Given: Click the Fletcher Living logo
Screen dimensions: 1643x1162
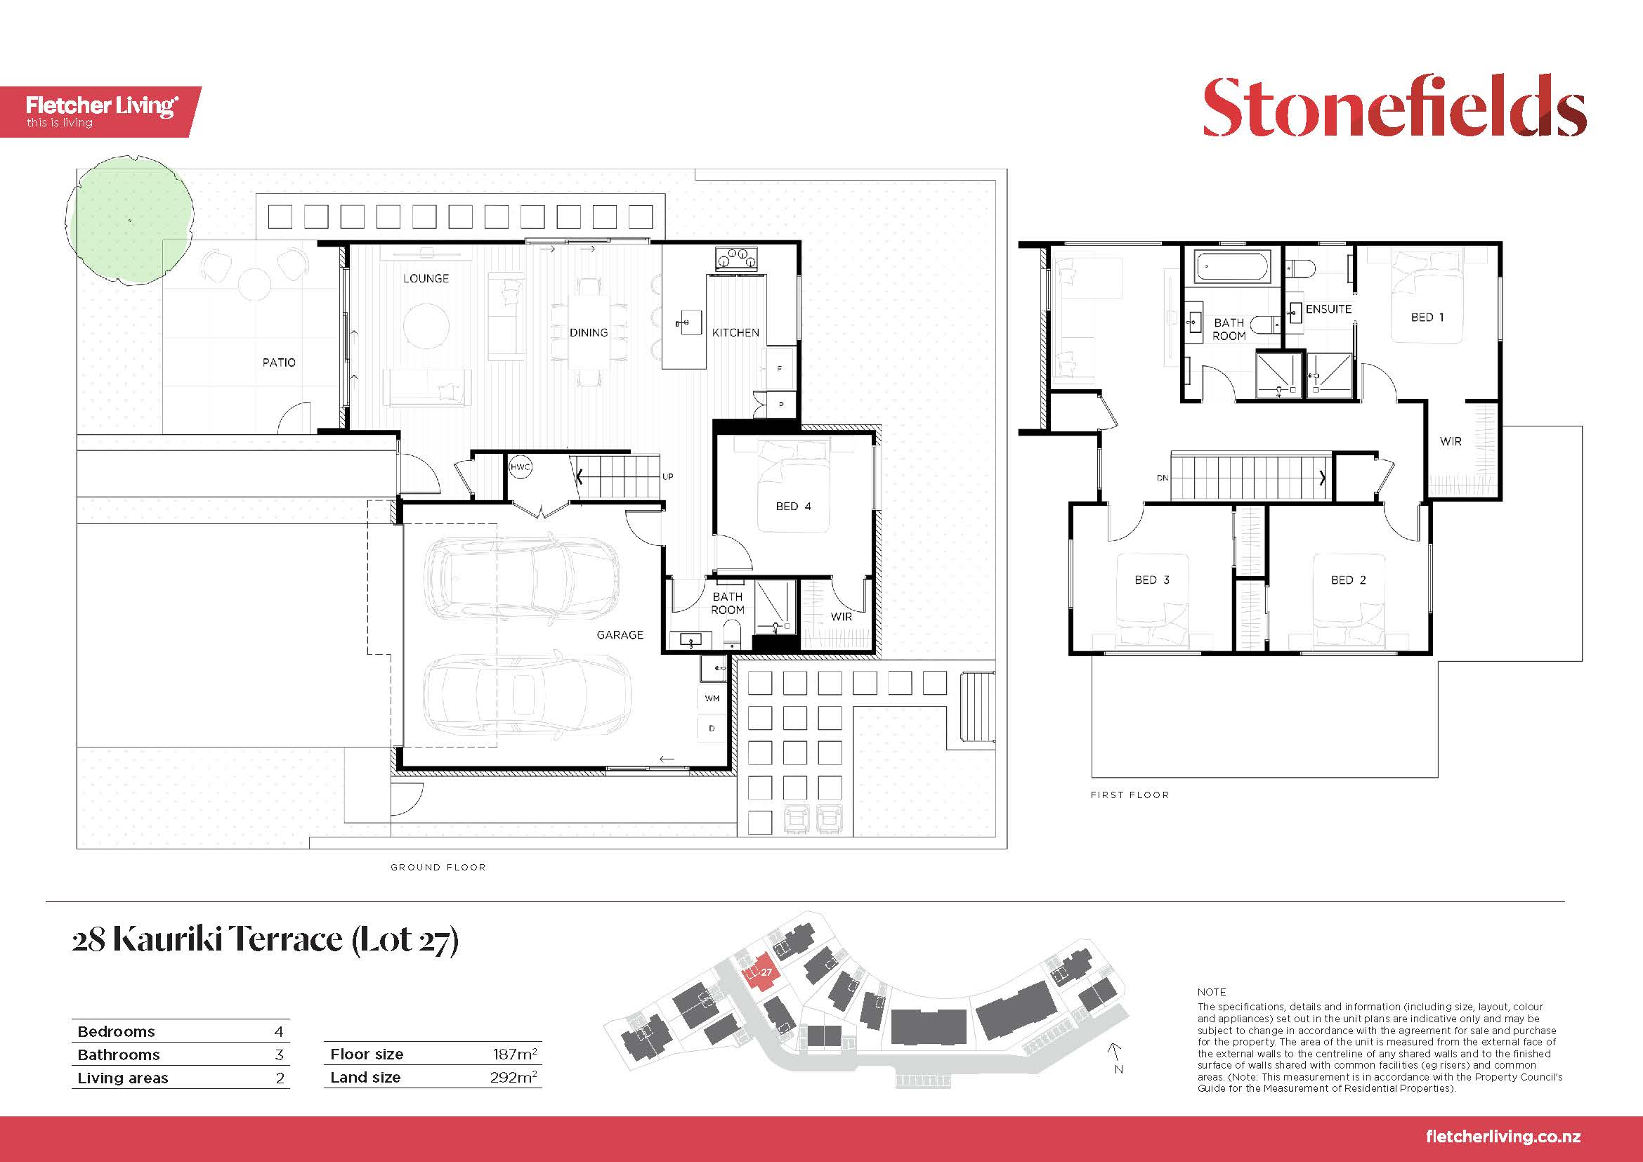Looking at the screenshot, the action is pyautogui.click(x=101, y=112).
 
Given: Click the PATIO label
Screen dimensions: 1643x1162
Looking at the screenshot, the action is pyautogui.click(x=279, y=363).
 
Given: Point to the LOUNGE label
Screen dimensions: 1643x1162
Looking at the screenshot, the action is pyautogui.click(x=426, y=278).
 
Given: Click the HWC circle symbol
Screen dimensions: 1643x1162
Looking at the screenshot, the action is pyautogui.click(x=521, y=467).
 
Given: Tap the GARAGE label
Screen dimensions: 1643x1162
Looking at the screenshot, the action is pyautogui.click(x=620, y=634).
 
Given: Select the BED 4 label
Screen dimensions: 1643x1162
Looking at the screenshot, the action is pyautogui.click(x=794, y=507).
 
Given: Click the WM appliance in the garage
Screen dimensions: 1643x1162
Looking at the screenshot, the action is pyautogui.click(x=712, y=698).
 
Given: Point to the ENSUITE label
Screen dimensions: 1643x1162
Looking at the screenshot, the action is pyautogui.click(x=1329, y=309).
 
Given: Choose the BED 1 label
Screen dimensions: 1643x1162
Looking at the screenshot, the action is pyautogui.click(x=1427, y=317).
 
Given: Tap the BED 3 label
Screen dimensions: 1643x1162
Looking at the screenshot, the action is pyautogui.click(x=1152, y=580).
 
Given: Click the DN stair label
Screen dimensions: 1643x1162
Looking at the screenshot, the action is pyautogui.click(x=1162, y=477).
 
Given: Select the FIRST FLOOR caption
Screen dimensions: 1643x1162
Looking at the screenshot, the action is pyautogui.click(x=1130, y=795).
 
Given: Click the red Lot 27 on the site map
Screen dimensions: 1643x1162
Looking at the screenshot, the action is pyautogui.click(x=761, y=974).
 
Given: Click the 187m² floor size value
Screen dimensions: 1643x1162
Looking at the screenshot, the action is pyautogui.click(x=515, y=1053).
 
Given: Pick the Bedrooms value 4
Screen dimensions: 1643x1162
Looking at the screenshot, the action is pyautogui.click(x=279, y=1032).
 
